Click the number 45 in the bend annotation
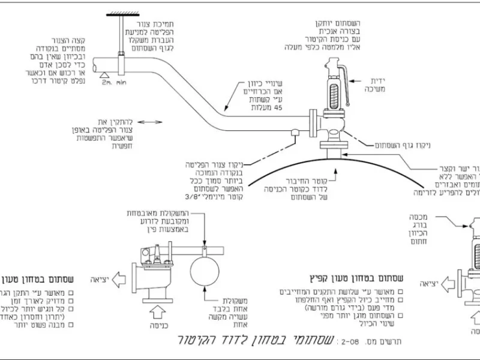point(285,107)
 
